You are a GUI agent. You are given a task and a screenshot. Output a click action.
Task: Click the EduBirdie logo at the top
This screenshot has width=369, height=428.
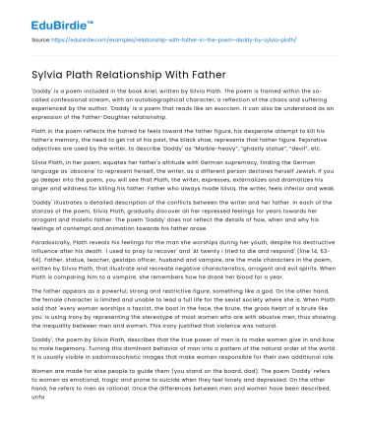coord(44,17)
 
